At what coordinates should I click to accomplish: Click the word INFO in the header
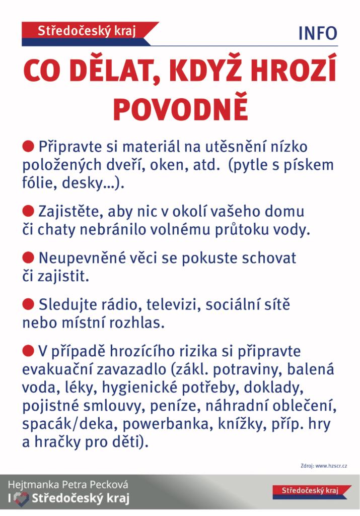click(317, 33)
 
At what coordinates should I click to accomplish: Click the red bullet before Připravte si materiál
click(28, 147)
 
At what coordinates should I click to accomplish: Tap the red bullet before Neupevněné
click(28, 257)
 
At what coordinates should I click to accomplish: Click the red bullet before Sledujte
click(28, 304)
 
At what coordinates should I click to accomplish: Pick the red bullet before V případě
click(28, 350)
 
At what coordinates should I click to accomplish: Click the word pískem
click(308, 165)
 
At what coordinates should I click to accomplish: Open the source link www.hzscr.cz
click(331, 466)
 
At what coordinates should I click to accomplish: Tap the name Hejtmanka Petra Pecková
click(68, 485)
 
